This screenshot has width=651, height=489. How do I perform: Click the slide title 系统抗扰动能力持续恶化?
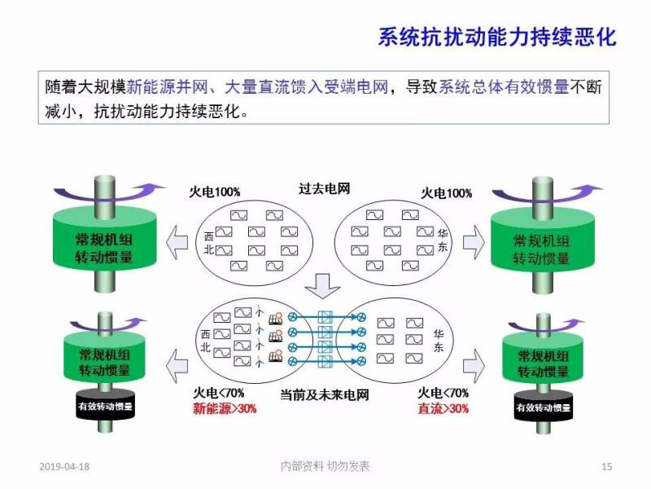(x=497, y=37)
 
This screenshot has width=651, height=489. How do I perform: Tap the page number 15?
(x=606, y=466)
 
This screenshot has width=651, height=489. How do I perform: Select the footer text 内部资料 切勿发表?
(x=325, y=466)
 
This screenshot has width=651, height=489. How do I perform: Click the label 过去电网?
(x=324, y=189)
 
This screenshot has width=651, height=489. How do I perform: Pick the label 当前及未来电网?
(x=325, y=394)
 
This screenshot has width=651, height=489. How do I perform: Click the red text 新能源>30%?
(x=225, y=409)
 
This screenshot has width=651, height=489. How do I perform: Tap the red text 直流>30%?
(x=443, y=409)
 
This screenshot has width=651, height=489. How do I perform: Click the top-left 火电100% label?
(x=214, y=192)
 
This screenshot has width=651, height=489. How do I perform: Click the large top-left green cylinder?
(x=104, y=242)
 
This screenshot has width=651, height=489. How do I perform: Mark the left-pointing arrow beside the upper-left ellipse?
(x=178, y=243)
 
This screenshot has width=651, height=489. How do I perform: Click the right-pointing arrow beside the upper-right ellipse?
(x=473, y=243)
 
